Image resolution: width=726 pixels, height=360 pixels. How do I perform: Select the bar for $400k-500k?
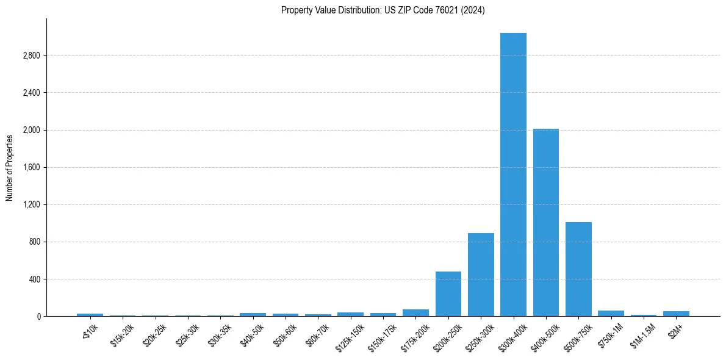click(x=546, y=223)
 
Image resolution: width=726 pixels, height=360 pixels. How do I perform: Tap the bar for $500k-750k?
click(x=578, y=269)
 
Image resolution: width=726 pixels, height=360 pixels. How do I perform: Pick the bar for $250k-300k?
click(x=481, y=275)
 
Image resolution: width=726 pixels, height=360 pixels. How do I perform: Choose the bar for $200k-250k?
click(x=448, y=294)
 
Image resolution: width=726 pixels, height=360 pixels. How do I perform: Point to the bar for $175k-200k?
click(x=415, y=313)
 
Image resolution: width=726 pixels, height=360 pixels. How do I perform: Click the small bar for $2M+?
click(x=676, y=314)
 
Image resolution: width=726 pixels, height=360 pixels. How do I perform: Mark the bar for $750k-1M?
click(x=611, y=314)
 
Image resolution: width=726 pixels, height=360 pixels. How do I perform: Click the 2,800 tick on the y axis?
click(x=31, y=56)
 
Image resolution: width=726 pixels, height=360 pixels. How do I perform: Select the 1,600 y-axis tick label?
click(x=31, y=167)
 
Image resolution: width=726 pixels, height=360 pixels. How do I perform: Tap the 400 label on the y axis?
click(x=34, y=279)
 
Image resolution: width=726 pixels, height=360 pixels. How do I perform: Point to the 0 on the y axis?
click(x=38, y=317)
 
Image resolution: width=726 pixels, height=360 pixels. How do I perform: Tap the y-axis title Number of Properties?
click(x=10, y=168)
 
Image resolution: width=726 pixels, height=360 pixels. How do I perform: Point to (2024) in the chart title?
click(x=473, y=10)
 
